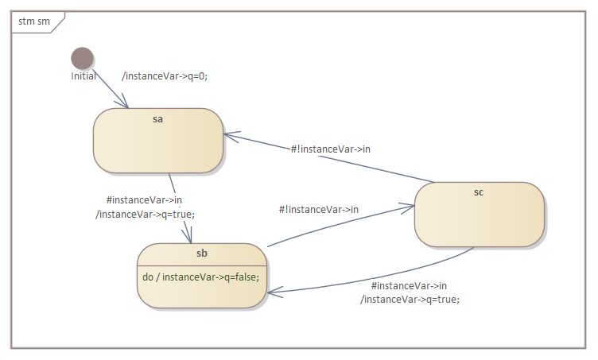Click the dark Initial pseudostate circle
83,58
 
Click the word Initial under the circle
83,76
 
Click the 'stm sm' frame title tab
34,21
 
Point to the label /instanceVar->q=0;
165,76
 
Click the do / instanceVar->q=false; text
200,277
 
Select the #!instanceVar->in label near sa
330,149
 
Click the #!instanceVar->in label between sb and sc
318,209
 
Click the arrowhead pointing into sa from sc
227,135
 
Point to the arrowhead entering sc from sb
410,207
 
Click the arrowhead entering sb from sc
272,293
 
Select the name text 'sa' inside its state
157,118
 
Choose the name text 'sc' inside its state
479,192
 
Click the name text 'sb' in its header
201,254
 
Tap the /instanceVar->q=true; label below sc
410,299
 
